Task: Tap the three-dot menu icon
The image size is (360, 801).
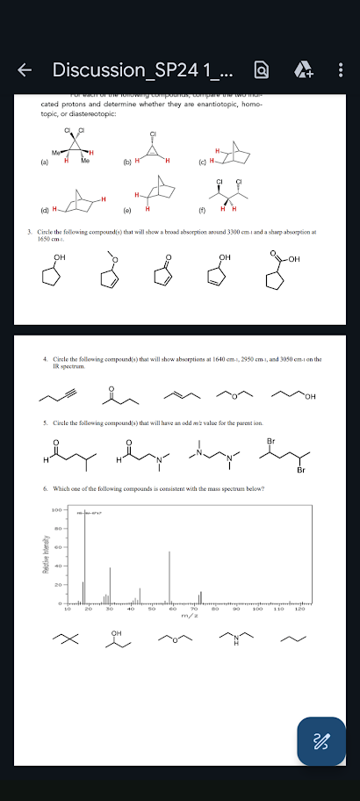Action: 340,69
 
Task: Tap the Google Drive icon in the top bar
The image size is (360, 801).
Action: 300,69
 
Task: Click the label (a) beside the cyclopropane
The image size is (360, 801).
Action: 34,162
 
